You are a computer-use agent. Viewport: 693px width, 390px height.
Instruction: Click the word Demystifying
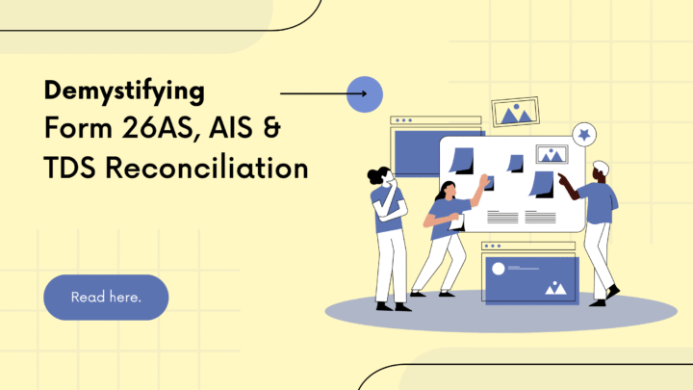point(124,91)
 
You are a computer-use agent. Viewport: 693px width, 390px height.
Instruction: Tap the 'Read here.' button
point(106,297)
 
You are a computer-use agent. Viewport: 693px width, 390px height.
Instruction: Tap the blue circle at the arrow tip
point(365,94)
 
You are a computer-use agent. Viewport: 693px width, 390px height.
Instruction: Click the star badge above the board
point(582,134)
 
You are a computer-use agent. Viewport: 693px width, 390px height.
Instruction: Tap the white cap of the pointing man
point(601,168)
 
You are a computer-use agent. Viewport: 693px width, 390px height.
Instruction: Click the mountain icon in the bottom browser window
point(554,286)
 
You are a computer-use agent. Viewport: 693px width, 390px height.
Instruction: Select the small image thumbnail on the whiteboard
point(552,154)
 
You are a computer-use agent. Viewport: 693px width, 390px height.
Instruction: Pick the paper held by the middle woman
point(458,222)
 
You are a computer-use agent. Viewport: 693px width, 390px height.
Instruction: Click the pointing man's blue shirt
point(600,201)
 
